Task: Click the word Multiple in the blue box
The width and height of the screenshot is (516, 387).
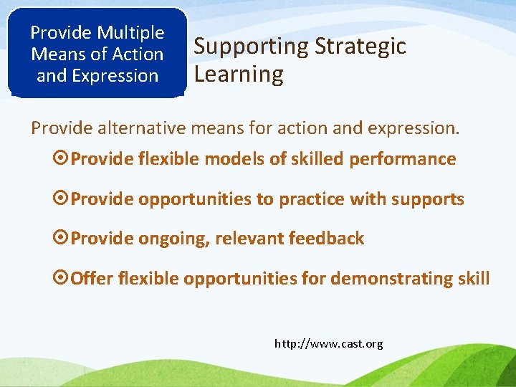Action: tap(130, 33)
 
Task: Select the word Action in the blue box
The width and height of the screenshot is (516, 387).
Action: tap(138, 54)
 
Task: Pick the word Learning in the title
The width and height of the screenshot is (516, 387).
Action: tap(239, 74)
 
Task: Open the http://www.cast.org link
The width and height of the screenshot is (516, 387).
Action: tap(329, 344)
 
